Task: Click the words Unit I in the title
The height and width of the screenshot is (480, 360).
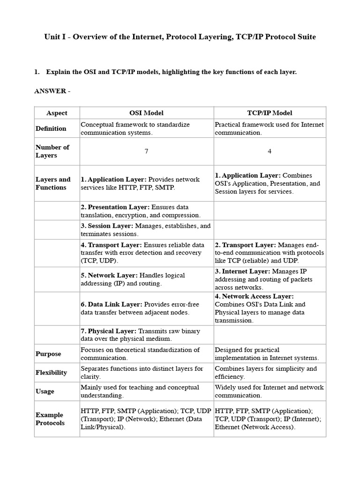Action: pos(54,37)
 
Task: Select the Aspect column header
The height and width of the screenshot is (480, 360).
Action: pos(57,113)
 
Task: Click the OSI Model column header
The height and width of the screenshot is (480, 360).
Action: pos(146,113)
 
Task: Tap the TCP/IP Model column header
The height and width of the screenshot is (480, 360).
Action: pos(270,113)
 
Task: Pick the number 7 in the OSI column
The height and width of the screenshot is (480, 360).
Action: pos(146,151)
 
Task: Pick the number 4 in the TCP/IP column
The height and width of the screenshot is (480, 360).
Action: pos(270,151)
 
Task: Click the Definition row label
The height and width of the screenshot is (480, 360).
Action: pos(51,128)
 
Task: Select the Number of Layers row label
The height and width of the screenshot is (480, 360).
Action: pos(52,151)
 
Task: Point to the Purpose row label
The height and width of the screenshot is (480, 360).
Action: pos(48,354)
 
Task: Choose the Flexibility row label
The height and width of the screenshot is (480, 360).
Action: pos(51,373)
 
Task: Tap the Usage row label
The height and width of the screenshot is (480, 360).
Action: pos(45,391)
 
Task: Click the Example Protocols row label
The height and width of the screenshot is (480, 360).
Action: pos(50,419)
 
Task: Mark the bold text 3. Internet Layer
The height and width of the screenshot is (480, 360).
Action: pos(242,271)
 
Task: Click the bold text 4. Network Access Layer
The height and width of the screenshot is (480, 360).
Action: pos(254,296)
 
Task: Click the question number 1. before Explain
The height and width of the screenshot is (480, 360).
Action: pos(37,72)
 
